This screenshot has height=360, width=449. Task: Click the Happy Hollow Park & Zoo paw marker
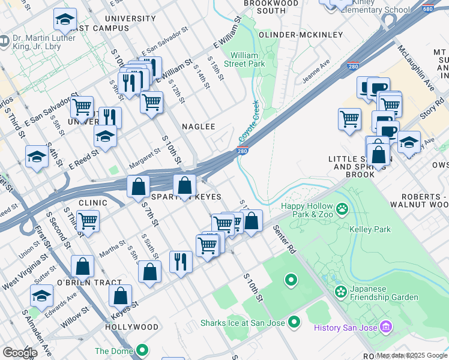[x=342, y=209]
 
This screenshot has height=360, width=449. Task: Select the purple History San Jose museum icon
[x=386, y=327]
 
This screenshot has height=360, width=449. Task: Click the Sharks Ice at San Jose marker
[x=294, y=323]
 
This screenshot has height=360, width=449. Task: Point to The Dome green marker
[x=142, y=350]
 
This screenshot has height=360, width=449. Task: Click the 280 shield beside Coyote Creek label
[x=243, y=150]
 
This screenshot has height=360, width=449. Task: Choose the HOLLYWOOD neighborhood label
[x=132, y=327]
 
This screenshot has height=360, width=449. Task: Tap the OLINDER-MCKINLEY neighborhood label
[x=300, y=35]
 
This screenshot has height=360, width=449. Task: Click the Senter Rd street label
[x=285, y=238]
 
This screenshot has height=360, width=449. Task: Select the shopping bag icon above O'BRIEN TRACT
[x=83, y=266]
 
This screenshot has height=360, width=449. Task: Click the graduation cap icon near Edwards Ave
[x=41, y=295]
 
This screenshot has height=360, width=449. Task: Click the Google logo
[x=20, y=353]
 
